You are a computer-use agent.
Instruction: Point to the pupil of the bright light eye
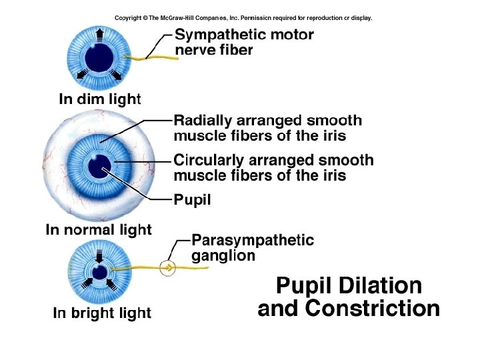tap(99, 272)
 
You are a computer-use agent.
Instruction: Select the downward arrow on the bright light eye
tap(99, 255)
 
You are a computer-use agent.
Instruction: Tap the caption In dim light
tap(100, 100)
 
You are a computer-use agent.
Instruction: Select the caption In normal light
tap(99, 230)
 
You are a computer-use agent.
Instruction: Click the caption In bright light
tap(102, 313)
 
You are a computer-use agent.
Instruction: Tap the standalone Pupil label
tap(192, 199)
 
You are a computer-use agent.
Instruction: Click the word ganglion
tap(223, 255)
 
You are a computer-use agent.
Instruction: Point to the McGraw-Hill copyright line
tap(243, 18)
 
